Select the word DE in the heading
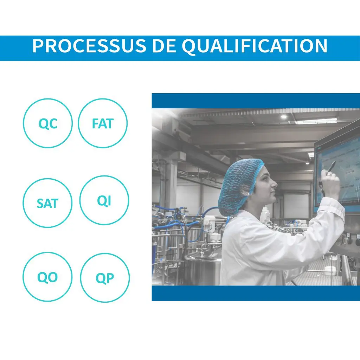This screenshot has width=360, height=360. pyautogui.click(x=163, y=46)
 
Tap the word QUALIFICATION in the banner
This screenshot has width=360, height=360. pyautogui.click(x=255, y=46)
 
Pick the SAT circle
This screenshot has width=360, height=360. pyautogui.click(x=47, y=178)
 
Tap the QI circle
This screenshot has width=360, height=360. pyautogui.click(x=104, y=176)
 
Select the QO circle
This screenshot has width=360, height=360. pyautogui.click(x=47, y=252)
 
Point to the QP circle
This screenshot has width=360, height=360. pyautogui.click(x=105, y=253)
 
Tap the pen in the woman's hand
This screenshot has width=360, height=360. pyautogui.click(x=332, y=166)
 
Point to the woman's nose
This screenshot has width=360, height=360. pyautogui.click(x=274, y=184)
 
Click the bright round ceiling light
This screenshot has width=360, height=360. pyautogui.click(x=284, y=117)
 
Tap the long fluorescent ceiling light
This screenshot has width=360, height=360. pyautogui.click(x=316, y=121)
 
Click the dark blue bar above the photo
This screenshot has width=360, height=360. pyautogui.click(x=256, y=101)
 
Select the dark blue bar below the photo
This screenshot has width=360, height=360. pyautogui.click(x=256, y=293)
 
